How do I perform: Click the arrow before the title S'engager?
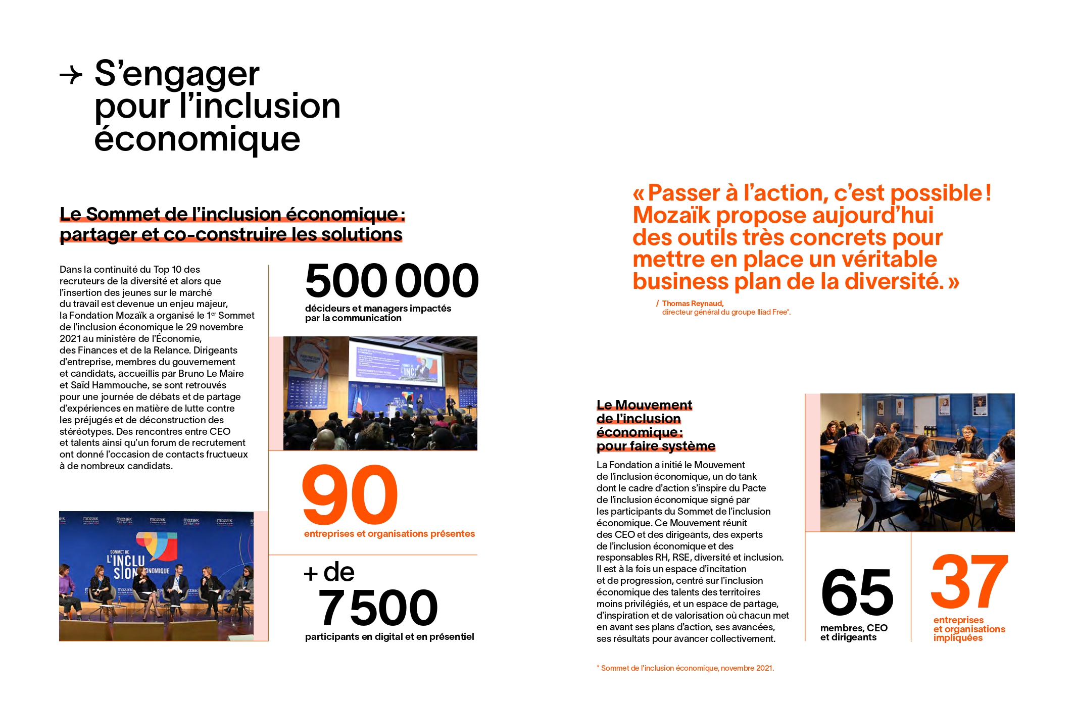71,76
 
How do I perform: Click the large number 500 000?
392,281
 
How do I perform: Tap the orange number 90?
350,495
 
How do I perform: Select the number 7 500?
377,608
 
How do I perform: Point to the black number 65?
857,592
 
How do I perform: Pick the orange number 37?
969,582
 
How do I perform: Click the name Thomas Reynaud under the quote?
693,304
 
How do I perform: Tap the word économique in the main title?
197,139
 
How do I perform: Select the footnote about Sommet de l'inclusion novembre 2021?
685,668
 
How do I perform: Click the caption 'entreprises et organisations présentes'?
389,534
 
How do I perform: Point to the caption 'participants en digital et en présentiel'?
389,637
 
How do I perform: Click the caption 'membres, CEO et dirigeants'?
854,633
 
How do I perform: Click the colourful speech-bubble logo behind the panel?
157,545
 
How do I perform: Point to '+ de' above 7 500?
329,573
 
